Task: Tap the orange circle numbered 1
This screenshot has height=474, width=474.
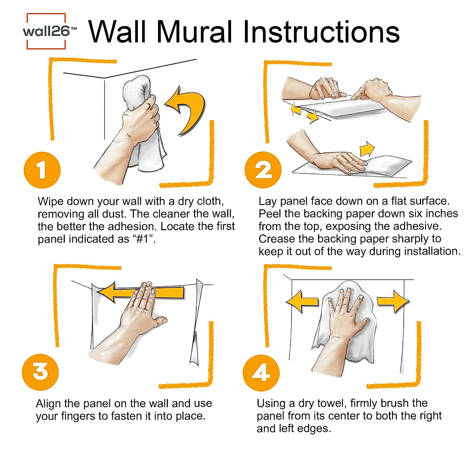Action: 42,170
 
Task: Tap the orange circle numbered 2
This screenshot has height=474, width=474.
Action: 263,170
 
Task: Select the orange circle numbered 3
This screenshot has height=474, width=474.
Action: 40,372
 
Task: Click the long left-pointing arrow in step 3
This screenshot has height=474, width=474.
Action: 140,293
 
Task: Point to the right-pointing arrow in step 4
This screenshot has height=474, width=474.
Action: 392,301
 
